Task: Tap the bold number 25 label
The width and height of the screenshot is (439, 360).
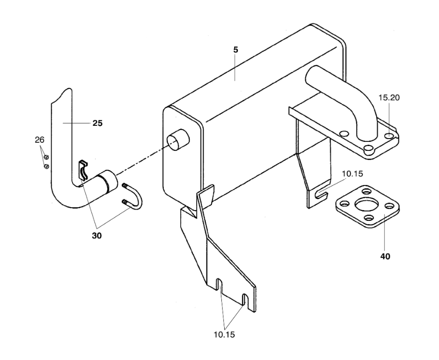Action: click(x=97, y=123)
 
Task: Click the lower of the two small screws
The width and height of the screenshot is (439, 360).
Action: click(x=46, y=166)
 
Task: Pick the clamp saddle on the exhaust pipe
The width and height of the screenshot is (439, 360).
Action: click(x=83, y=169)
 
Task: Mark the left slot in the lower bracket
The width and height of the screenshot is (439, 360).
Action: click(x=219, y=287)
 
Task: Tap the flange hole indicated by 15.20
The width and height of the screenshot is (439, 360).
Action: click(x=389, y=136)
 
